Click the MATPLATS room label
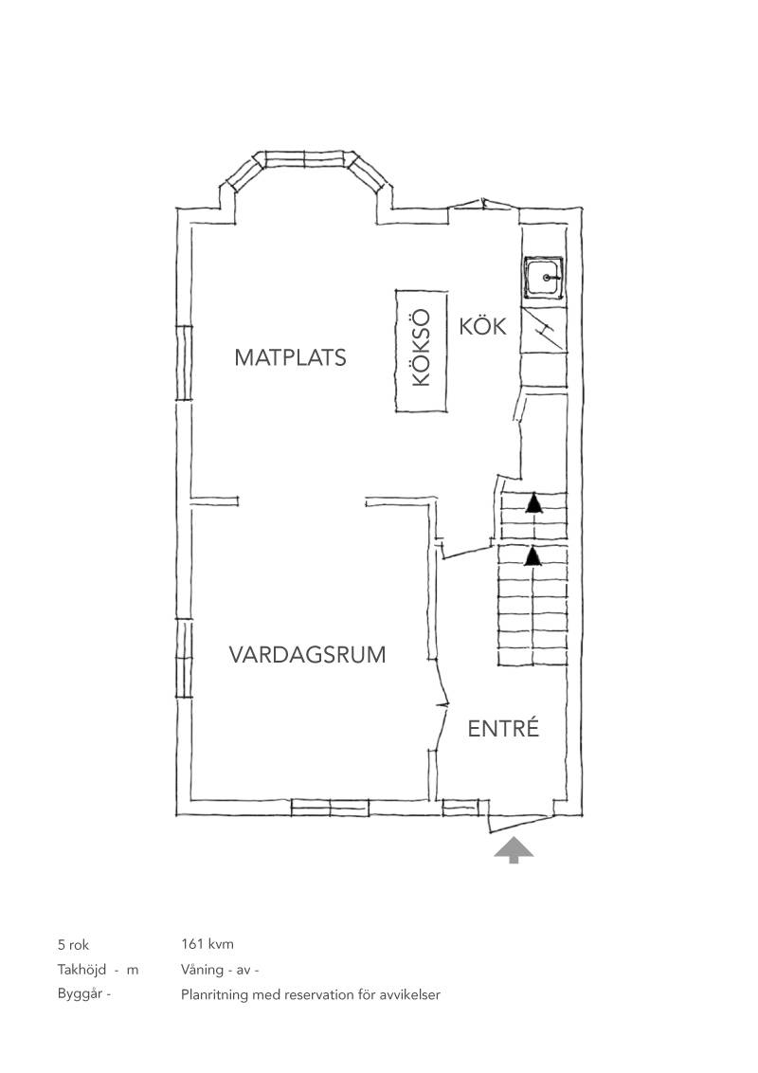click(290, 357)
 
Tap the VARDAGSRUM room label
click(307, 655)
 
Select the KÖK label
click(483, 326)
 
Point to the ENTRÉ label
click(503, 728)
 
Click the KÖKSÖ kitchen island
click(422, 351)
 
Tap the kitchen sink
click(544, 278)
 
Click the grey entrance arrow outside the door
click(514, 851)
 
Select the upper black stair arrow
click(532, 503)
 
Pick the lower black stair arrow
click(532, 555)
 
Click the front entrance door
click(520, 823)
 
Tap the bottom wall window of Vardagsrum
click(331, 808)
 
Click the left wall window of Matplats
click(184, 363)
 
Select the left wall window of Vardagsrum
click(184, 658)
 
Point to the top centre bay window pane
click(305, 158)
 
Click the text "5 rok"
click(73, 945)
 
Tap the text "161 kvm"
click(208, 944)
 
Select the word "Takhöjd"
click(82, 970)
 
